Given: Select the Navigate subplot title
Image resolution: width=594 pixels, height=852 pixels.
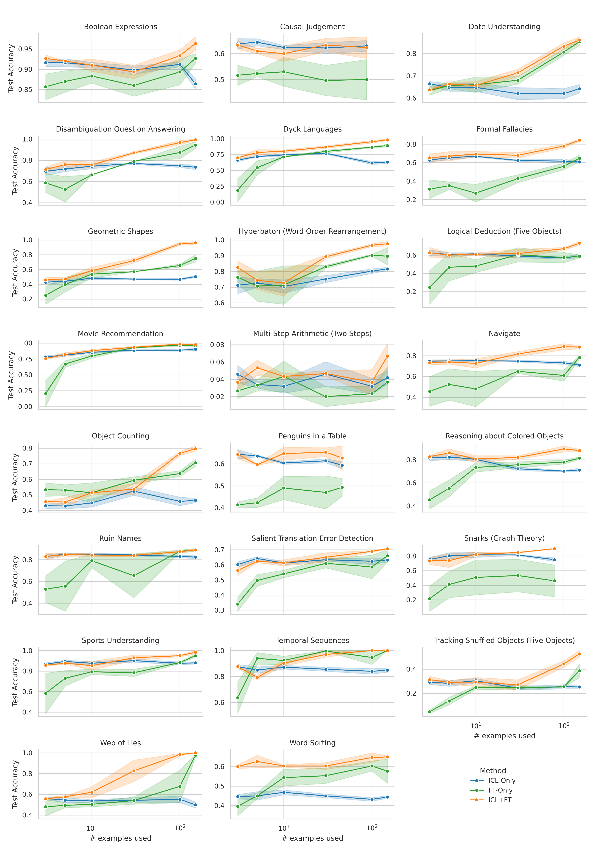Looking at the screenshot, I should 504,334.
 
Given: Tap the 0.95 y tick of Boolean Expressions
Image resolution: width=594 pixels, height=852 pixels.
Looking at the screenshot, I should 25,49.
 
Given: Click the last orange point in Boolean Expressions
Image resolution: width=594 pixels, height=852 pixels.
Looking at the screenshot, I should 195,43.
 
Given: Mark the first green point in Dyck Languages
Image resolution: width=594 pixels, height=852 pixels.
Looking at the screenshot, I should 238,190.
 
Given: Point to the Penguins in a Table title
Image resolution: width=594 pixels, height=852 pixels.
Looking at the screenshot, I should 312,436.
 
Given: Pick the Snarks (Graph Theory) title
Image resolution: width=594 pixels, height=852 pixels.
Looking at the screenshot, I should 504,538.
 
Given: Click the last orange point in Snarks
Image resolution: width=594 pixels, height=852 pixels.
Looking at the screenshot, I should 554,549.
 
